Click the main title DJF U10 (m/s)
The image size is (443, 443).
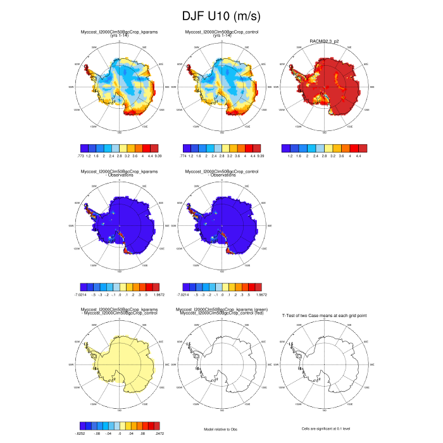221,15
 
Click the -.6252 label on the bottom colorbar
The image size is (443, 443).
80,434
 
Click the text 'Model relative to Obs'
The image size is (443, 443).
221,429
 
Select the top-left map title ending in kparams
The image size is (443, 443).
118,31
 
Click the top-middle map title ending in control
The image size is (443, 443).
221,31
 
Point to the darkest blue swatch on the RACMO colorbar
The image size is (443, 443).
285,147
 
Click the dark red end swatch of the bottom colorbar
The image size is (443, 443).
156,426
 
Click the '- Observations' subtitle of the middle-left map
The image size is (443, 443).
118,174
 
